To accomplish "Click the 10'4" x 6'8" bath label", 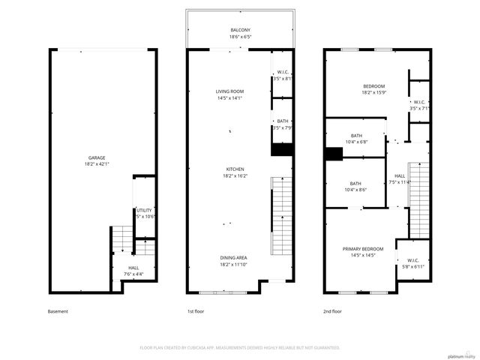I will [x=355, y=138].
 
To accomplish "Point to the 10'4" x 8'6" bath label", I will [x=355, y=187].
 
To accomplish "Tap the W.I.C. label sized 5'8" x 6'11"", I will [x=413, y=264].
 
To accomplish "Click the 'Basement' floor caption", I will [x=58, y=311].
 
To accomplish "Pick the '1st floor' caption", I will [x=195, y=311].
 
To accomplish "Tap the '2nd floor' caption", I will [x=334, y=311].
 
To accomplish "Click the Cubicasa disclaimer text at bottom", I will [x=240, y=347].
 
